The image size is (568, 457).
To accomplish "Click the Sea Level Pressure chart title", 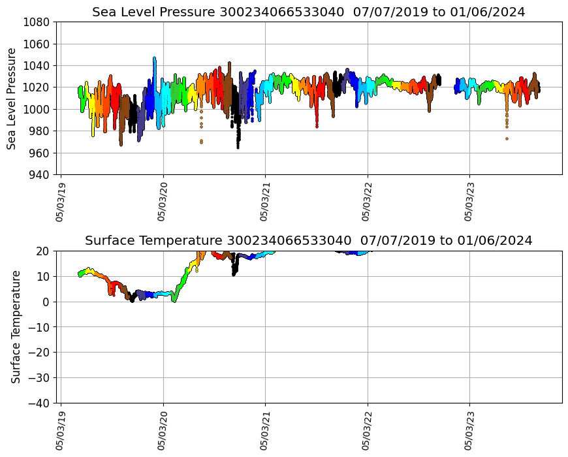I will [x=308, y=12].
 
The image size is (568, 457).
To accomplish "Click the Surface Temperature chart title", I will [x=308, y=240].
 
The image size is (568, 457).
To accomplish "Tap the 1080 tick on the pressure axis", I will [x=38, y=22].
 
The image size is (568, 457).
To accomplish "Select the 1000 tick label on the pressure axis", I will [x=38, y=109].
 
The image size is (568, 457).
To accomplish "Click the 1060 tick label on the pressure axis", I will [x=38, y=44].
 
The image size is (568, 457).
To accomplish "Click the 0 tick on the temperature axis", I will [x=46, y=302].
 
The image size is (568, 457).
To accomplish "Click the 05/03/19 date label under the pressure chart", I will [x=60, y=200].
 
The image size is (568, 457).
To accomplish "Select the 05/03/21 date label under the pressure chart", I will [x=264, y=200].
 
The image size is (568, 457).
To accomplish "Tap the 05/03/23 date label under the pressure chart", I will [x=469, y=200].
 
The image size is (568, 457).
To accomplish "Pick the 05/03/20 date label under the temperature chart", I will [x=162, y=428].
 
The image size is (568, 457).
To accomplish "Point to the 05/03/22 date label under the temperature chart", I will [x=366, y=428].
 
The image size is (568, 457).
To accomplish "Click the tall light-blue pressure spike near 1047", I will [x=155, y=58].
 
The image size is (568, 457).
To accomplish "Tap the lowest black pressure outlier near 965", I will [x=238, y=146].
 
